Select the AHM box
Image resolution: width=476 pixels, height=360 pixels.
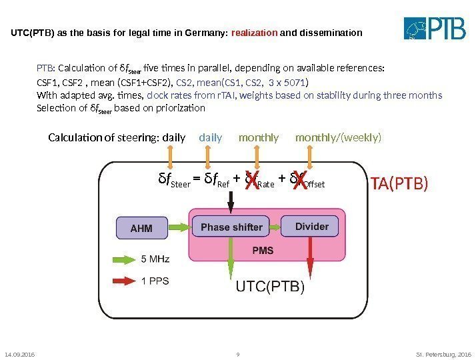click(141, 228)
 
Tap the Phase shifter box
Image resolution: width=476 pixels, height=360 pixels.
click(231, 227)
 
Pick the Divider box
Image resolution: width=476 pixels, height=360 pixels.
click(311, 227)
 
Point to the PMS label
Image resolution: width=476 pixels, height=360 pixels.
click(262, 251)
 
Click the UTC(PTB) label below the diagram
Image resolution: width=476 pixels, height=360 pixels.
click(270, 288)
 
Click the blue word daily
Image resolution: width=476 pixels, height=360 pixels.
click(211, 138)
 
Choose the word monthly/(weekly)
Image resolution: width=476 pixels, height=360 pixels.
click(339, 138)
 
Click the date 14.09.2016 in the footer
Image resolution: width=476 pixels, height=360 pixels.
click(18, 354)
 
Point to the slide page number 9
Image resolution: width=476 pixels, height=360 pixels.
click(238, 354)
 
